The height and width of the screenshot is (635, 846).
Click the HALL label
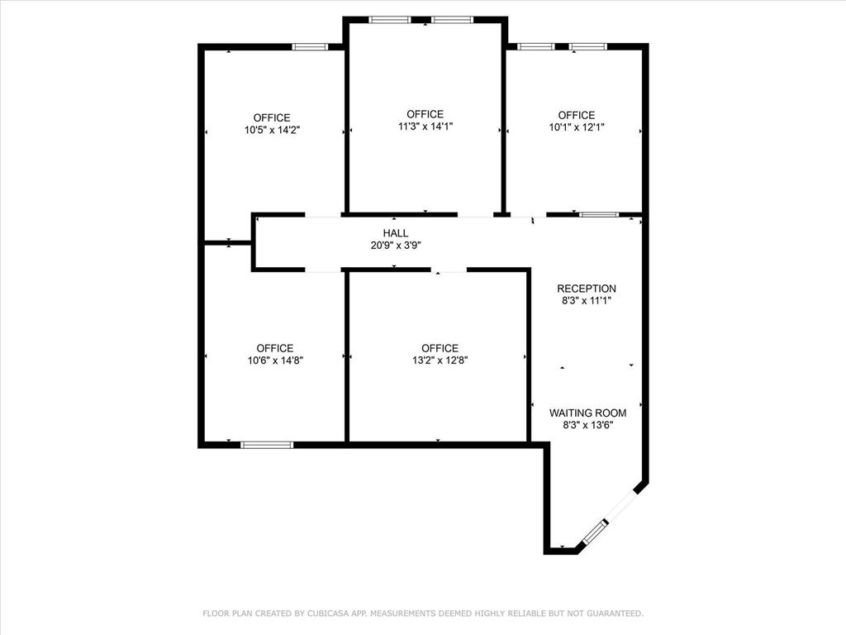(395, 233)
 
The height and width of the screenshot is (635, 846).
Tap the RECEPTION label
(586, 289)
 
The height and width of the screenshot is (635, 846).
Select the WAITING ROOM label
(587, 413)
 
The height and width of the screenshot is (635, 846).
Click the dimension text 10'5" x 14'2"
(272, 130)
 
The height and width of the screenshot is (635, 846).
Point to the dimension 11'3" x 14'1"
(425, 127)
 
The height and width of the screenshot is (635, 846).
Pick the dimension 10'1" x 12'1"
(576, 127)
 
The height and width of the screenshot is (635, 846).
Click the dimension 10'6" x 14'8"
(274, 360)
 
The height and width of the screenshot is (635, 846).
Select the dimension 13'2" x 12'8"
(439, 360)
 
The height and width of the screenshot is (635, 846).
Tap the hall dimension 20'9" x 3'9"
(395, 246)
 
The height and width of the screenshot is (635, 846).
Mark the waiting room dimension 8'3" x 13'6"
(587, 425)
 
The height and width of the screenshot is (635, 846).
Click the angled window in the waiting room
(595, 532)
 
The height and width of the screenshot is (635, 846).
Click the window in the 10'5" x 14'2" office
(310, 47)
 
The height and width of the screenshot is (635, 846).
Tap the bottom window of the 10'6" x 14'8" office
(267, 445)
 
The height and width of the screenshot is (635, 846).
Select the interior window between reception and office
(598, 215)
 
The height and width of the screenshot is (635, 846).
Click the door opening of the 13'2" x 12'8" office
(449, 270)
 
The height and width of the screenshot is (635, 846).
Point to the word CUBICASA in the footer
(329, 614)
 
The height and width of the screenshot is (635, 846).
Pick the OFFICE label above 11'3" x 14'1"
(425, 114)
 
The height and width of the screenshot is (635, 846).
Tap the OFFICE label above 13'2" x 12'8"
(439, 348)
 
